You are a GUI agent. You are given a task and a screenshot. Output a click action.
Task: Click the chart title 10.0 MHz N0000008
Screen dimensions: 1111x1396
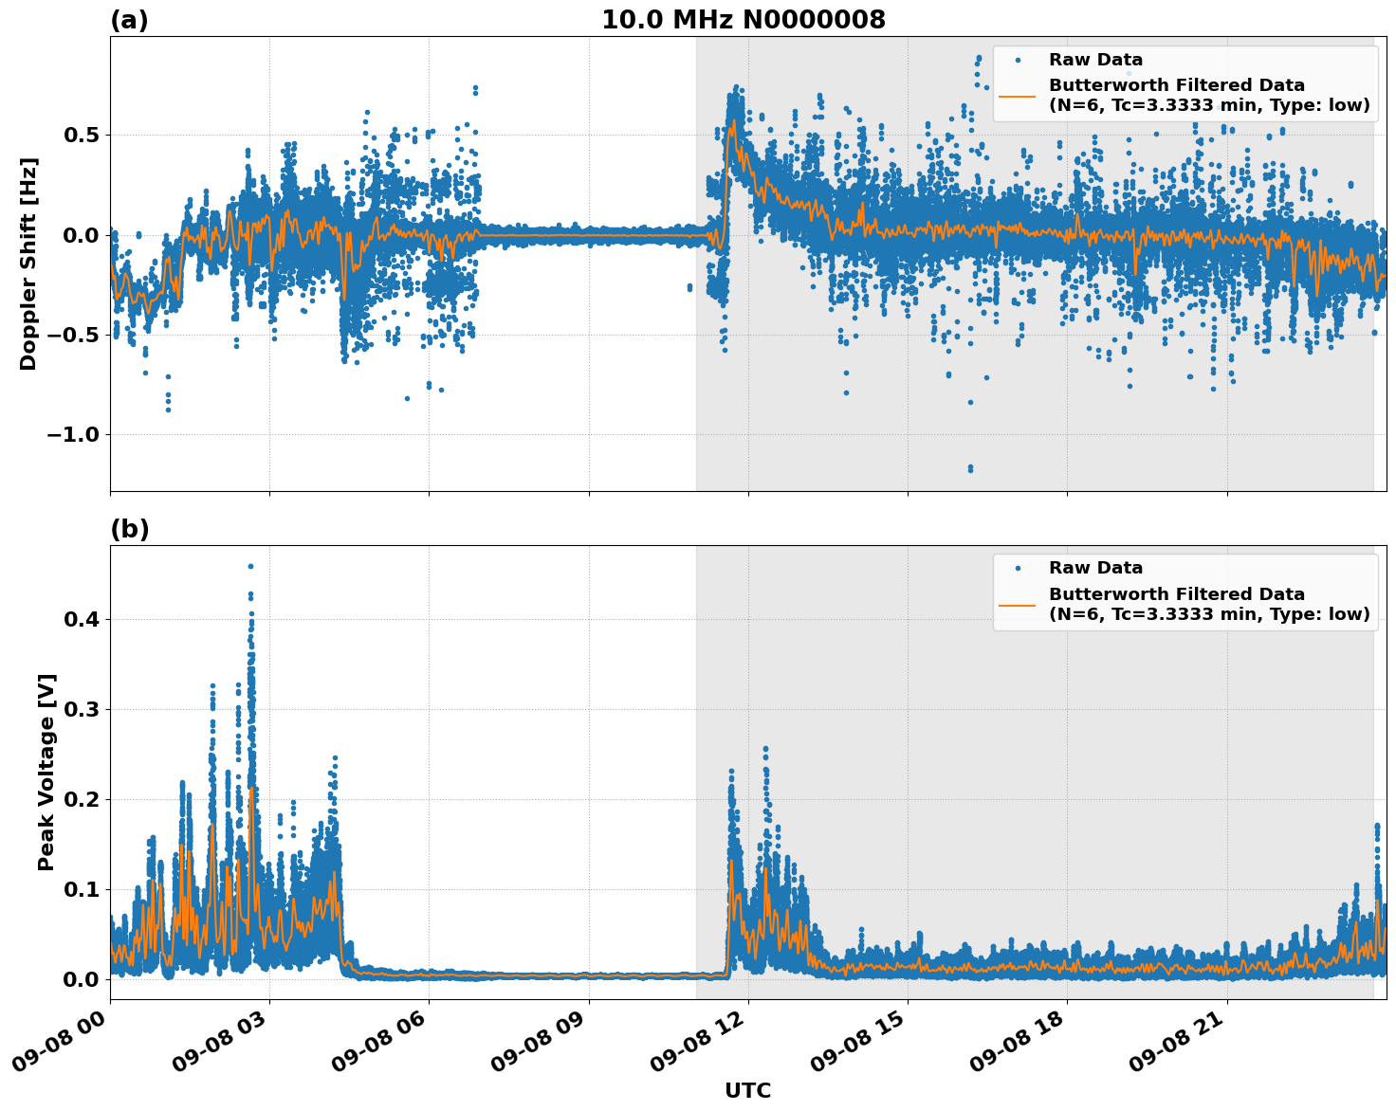pos(744,20)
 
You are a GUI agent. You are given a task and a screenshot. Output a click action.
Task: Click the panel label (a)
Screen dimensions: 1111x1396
pos(129,20)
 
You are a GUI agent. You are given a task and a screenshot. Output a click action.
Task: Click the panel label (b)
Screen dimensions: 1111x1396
pos(129,529)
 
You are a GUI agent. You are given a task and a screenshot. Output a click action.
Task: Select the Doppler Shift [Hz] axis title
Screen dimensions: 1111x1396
pos(28,264)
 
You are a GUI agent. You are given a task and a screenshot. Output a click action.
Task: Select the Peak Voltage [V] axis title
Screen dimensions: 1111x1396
pos(46,772)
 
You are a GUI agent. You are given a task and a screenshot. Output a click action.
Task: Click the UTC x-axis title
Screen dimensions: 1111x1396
pos(747,1090)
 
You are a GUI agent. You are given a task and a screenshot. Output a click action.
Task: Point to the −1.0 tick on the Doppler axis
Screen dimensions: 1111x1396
pos(73,435)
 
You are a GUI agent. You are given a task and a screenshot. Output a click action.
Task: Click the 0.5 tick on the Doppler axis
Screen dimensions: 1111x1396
pos(83,135)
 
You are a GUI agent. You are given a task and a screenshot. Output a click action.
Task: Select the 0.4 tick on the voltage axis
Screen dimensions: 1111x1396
pos(83,619)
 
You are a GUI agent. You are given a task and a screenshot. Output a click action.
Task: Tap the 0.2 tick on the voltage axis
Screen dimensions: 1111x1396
pos(83,799)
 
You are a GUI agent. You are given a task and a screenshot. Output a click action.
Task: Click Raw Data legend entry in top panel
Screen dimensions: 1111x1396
pos(1095,61)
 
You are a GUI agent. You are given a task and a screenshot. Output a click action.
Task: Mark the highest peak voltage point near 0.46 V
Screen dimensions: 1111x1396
pos(250,566)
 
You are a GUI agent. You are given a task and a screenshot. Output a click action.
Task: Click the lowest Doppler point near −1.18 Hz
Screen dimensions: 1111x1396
pos(970,468)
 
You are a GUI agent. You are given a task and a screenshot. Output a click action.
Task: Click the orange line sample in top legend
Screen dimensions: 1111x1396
pos(1017,95)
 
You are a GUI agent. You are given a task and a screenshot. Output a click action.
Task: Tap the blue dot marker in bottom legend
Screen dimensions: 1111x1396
pos(1017,568)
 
